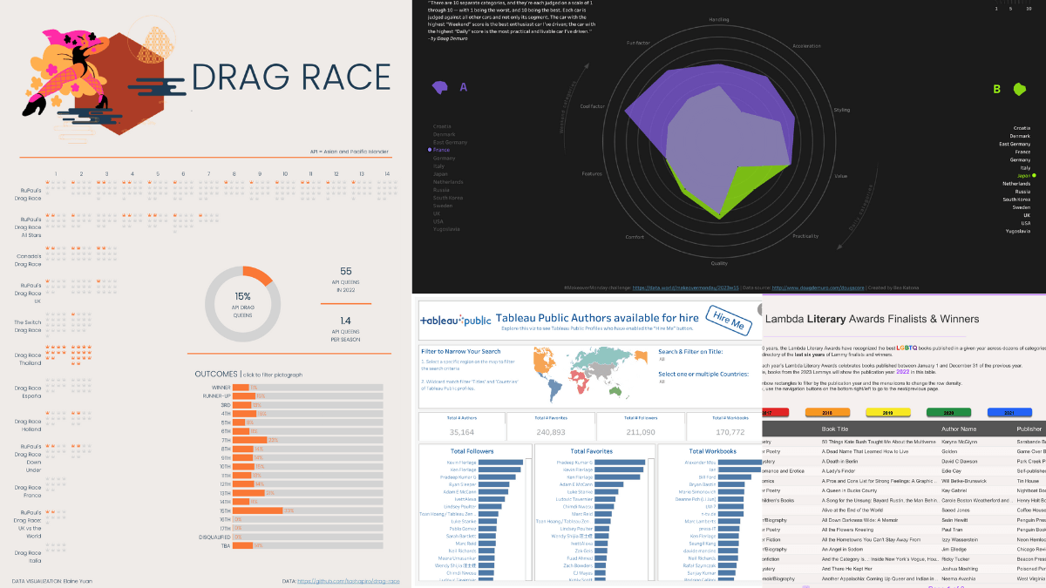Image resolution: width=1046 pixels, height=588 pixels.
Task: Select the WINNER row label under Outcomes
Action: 221,387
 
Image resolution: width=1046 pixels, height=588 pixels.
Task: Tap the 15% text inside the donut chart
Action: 242,296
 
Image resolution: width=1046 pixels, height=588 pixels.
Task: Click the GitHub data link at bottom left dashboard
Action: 348,581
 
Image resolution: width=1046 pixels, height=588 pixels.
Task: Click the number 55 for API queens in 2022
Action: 346,271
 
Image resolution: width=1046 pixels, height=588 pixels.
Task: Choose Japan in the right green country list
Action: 1020,175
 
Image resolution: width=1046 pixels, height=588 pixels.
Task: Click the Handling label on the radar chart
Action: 719,18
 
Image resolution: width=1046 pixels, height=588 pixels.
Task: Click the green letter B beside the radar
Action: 996,89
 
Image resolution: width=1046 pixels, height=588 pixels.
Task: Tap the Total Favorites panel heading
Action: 592,450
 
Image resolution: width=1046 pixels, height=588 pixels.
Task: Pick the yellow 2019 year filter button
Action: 887,412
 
